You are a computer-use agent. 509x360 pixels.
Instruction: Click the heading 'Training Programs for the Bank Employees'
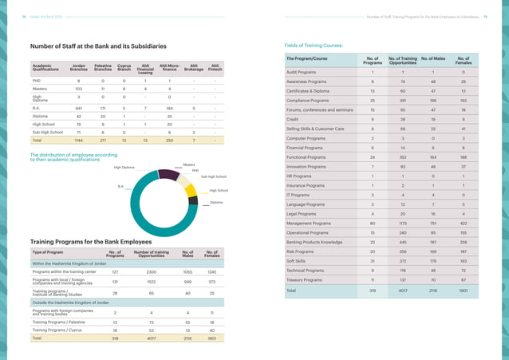tap(92, 240)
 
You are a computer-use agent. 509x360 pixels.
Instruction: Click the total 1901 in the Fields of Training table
tap(462, 291)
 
